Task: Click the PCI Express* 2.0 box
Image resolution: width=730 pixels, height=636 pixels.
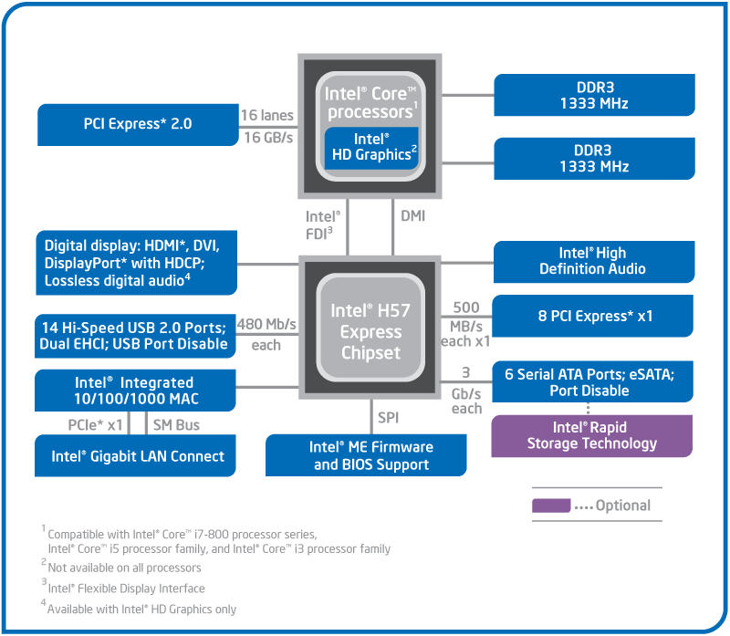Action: pyautogui.click(x=137, y=125)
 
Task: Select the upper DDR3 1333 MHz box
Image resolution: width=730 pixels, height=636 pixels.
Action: pyautogui.click(x=594, y=95)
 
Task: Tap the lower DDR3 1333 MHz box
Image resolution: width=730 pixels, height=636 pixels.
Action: pyautogui.click(x=594, y=159)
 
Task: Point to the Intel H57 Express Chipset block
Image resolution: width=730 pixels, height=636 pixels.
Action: pyautogui.click(x=370, y=331)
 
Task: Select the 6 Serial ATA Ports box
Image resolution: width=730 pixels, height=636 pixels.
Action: pyautogui.click(x=592, y=382)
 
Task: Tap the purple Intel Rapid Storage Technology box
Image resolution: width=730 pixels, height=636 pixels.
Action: pyautogui.click(x=592, y=435)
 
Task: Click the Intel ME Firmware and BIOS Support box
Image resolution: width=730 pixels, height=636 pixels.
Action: pyautogui.click(x=366, y=455)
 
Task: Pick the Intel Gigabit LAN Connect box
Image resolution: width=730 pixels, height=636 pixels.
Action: pyautogui.click(x=137, y=456)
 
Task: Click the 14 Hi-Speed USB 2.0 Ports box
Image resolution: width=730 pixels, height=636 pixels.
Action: pyautogui.click(x=133, y=335)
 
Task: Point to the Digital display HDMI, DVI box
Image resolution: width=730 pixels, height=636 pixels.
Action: pyautogui.click(x=137, y=263)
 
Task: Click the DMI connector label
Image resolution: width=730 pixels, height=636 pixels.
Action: pyautogui.click(x=413, y=216)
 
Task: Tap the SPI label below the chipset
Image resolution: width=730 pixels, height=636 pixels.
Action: pyautogui.click(x=389, y=418)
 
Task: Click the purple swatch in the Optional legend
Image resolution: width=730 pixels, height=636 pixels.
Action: pyautogui.click(x=552, y=505)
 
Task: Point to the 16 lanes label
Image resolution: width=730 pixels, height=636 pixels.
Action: pyautogui.click(x=266, y=115)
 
